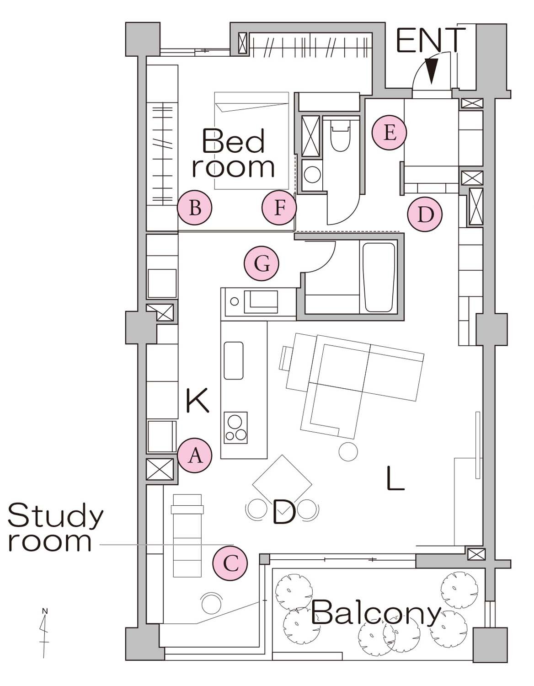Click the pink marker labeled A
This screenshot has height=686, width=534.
coord(195,455)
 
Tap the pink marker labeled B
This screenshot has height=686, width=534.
coord(195,208)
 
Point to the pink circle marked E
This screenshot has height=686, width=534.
coord(389,133)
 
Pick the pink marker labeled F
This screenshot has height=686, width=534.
coord(279,208)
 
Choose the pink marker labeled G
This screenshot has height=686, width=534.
coord(262,263)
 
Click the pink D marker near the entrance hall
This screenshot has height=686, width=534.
coord(425,214)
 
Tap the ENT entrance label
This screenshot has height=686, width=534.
coord(431,40)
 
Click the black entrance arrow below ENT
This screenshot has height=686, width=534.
coord(431,72)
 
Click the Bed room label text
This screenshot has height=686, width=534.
coord(233,153)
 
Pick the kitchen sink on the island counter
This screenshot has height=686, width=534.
coord(234,360)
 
